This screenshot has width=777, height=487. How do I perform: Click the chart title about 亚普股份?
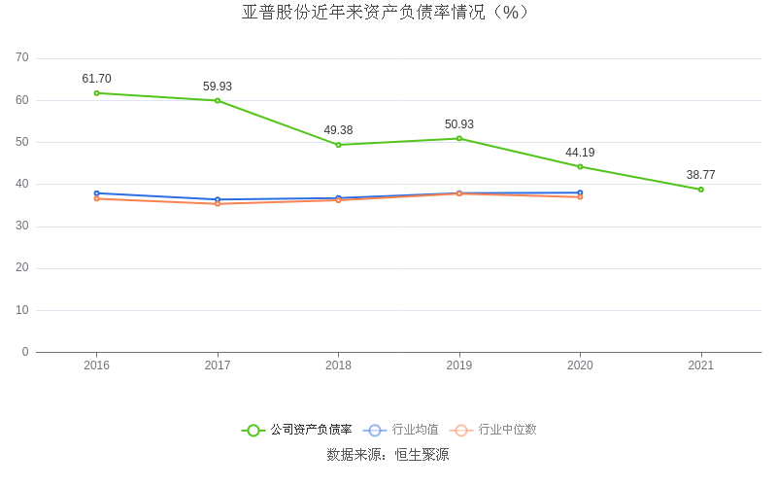[x=388, y=13]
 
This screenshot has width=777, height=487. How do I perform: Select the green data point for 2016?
[x=97, y=93]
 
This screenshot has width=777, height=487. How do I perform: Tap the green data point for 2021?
[x=700, y=190]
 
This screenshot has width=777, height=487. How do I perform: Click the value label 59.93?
[x=218, y=87]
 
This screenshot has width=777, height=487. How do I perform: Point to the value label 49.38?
[x=338, y=130]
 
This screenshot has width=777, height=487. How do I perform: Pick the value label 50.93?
[x=459, y=124]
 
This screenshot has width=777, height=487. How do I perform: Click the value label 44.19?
[x=580, y=153]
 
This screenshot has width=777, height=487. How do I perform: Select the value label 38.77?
[x=700, y=175]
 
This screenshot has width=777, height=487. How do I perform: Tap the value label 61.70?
[x=97, y=79]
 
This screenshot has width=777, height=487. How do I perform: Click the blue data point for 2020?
[x=580, y=192]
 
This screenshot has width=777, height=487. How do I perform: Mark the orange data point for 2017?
[x=218, y=203]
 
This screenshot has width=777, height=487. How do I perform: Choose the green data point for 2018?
[x=338, y=145]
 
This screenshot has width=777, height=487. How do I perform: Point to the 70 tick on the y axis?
[x=22, y=58]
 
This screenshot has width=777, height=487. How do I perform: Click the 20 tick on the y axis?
[x=22, y=268]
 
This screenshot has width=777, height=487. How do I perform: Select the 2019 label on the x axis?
[x=459, y=365]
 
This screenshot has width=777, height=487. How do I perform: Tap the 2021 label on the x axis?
[x=700, y=365]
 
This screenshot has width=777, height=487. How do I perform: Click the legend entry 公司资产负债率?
[x=297, y=430]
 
